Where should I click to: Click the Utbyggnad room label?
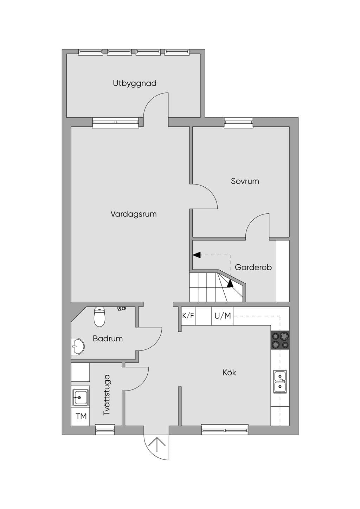135,83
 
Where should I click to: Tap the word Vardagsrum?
133,214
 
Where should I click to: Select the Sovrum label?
245,181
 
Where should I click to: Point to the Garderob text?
253,267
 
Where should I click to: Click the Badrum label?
108,339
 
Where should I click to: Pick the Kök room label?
229,372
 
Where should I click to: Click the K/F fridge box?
188,316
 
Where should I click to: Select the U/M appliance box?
223,316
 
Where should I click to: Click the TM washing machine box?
81,417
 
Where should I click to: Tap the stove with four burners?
280,340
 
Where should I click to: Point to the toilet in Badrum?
99,316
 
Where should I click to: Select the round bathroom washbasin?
77,347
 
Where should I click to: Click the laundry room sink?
81,398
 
